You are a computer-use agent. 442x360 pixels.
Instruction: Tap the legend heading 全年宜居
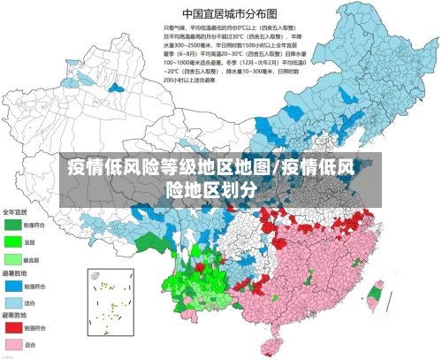15,212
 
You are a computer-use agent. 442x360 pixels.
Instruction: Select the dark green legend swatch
13,225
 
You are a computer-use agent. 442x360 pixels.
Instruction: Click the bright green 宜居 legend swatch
13,241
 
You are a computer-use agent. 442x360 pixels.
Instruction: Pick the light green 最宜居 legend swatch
13,258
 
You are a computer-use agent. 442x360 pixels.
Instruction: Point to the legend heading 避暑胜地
15,273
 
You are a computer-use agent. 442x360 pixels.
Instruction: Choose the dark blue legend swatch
13,286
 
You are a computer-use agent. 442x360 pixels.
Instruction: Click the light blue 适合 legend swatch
13,302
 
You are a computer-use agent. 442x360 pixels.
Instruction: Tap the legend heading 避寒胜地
15,315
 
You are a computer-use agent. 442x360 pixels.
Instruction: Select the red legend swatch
13,327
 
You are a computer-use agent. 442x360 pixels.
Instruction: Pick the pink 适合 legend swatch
13,344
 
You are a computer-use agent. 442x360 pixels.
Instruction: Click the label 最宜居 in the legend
31,258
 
